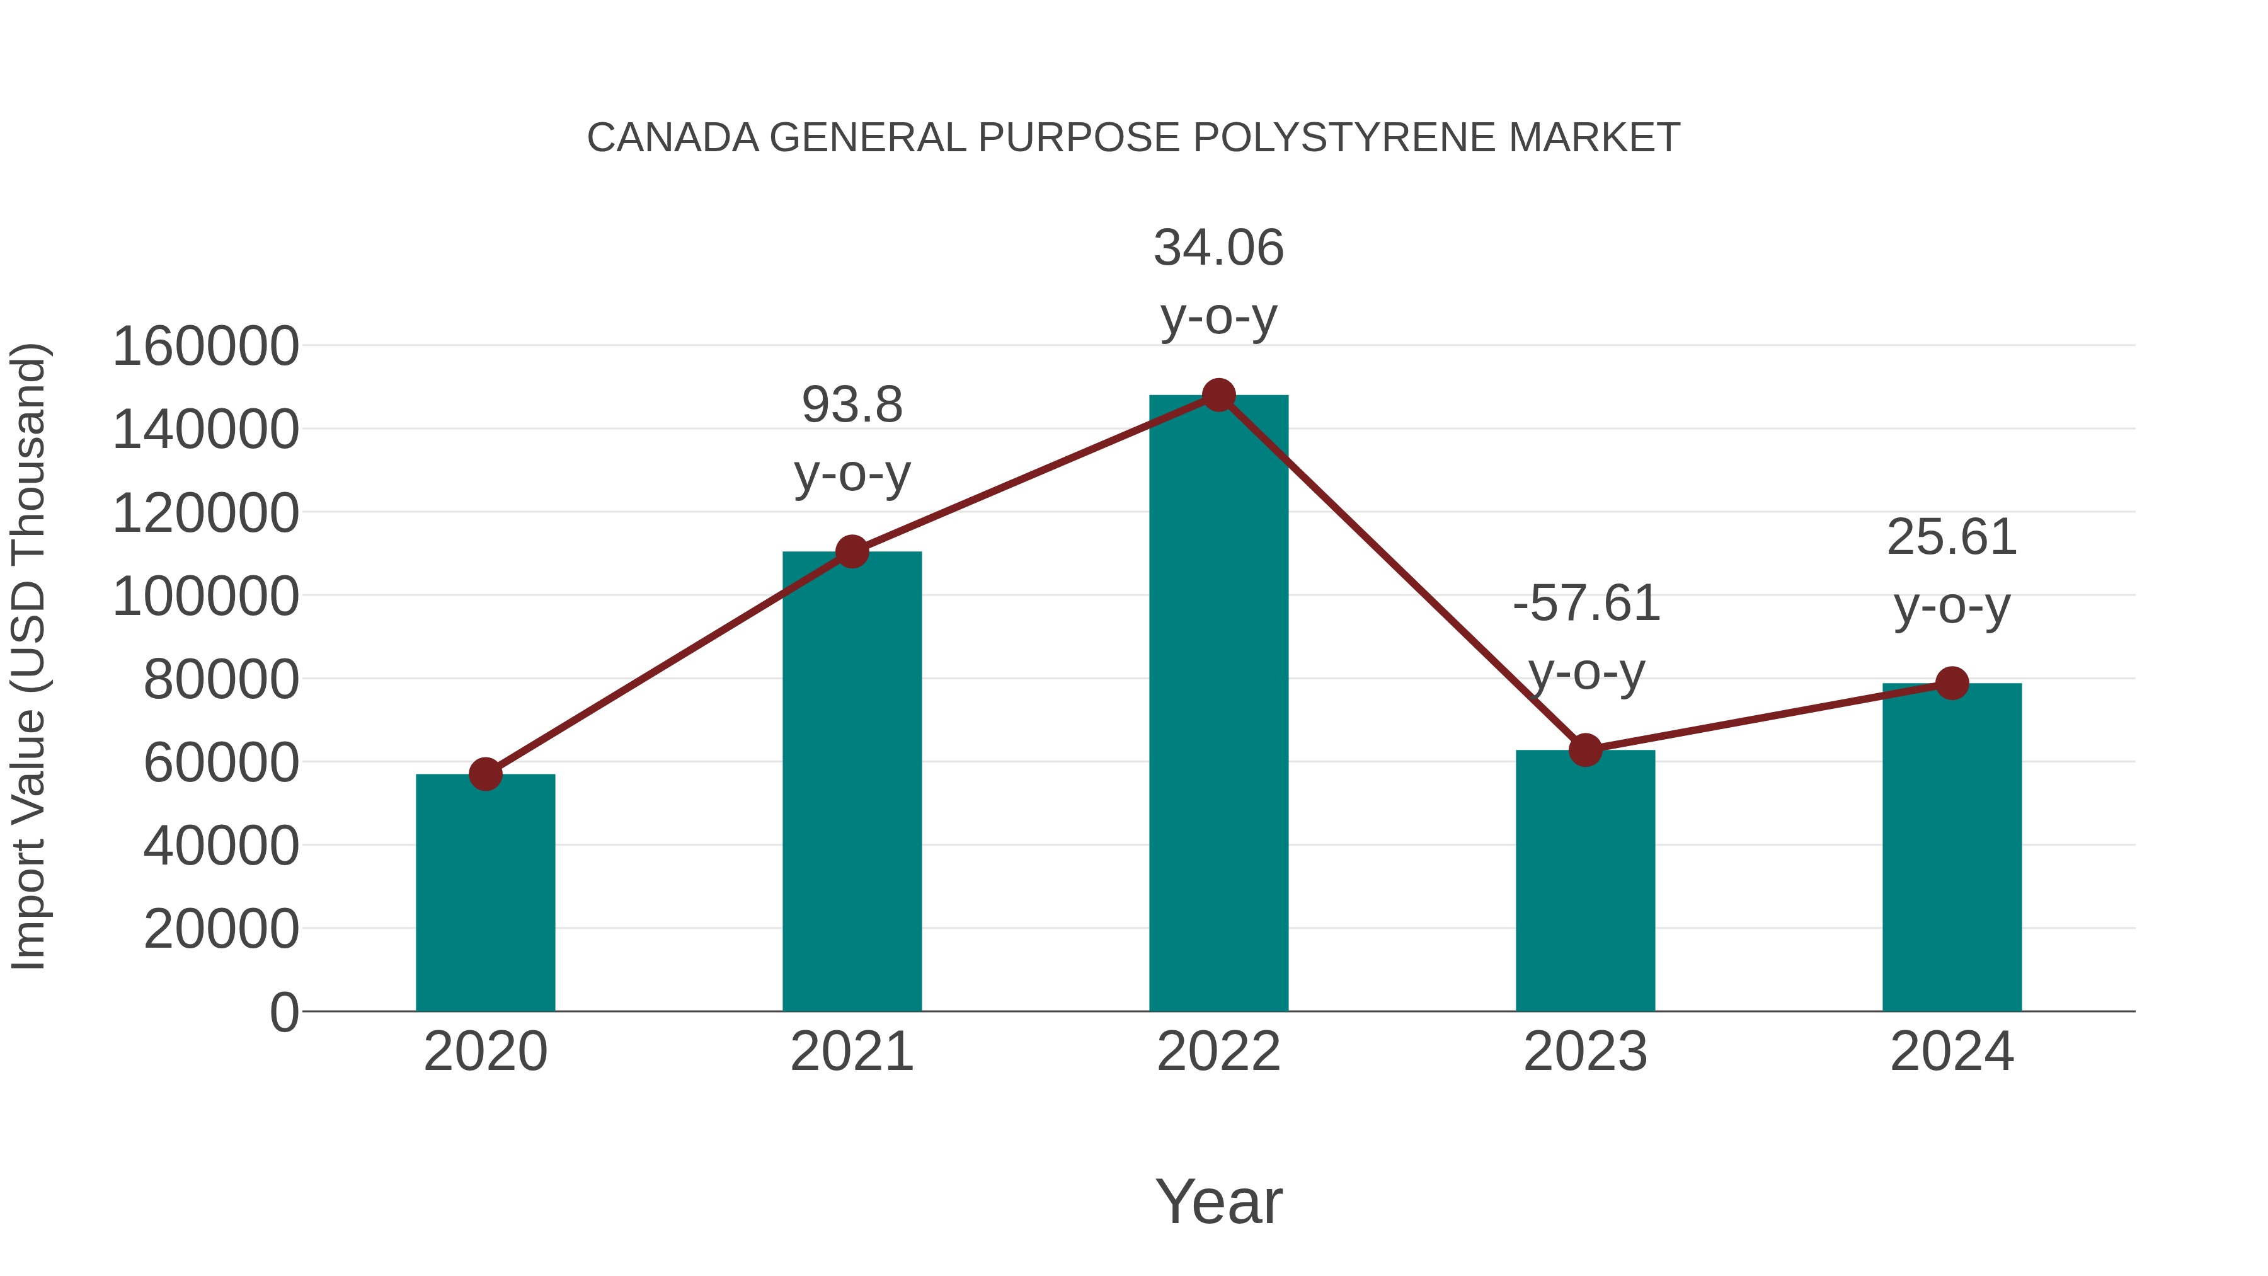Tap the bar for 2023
click(x=1585, y=881)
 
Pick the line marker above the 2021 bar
click(x=851, y=552)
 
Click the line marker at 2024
click(x=1952, y=682)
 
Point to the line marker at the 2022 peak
click(x=1218, y=395)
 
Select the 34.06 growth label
click(x=1218, y=248)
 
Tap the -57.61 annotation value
click(x=1586, y=604)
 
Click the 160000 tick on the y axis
click(x=206, y=346)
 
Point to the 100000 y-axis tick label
click(x=206, y=596)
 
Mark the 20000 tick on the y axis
click(x=221, y=929)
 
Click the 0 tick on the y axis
click(x=284, y=1012)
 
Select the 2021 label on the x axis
click(x=851, y=1052)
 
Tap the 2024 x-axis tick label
click(x=1952, y=1052)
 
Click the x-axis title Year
click(x=1218, y=1201)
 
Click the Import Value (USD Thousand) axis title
click(x=28, y=657)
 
